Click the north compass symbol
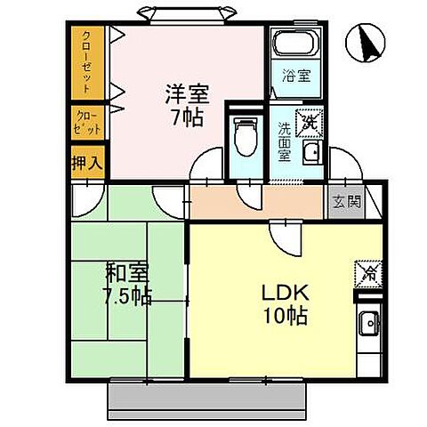366,43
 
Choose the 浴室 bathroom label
295,77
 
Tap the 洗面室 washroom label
283,139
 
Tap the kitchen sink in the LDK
367,326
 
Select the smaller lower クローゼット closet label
87,122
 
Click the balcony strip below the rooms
208,394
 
